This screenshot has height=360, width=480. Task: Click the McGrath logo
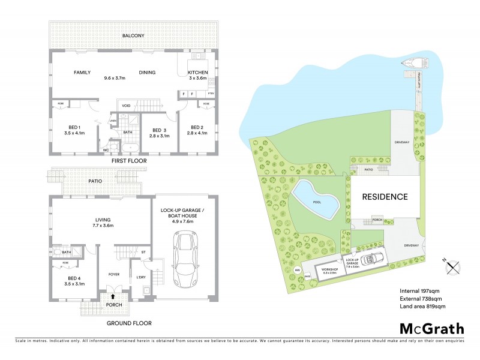(x=431, y=328)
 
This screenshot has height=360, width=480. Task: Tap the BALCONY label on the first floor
(x=133, y=36)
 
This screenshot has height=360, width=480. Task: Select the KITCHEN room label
(x=197, y=72)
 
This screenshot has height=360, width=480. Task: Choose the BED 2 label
(x=198, y=129)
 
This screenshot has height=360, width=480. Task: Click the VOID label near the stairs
(x=127, y=106)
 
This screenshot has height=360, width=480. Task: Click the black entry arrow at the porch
(x=113, y=296)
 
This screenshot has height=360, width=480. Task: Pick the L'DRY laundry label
(x=141, y=276)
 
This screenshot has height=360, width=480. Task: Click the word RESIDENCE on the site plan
(x=385, y=196)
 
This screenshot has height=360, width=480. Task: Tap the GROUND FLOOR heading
(x=130, y=323)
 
